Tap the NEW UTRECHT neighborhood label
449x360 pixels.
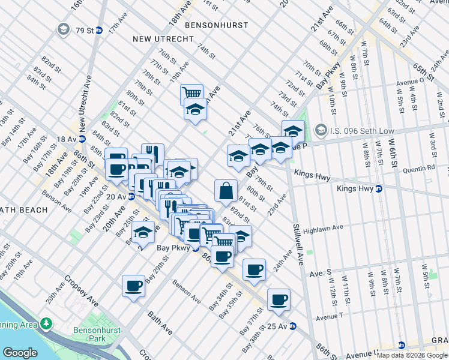pos(163,39)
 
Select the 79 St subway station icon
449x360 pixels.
pos(99,30)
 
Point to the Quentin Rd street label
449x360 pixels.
pos(418,169)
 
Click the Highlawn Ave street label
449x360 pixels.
pos(322,228)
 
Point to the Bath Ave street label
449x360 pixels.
pos(161,321)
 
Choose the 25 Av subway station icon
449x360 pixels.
pos(293,326)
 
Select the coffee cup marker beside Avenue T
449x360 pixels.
pos(279,299)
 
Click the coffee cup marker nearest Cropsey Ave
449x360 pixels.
pos(133,286)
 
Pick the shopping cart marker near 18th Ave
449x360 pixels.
pos(191,94)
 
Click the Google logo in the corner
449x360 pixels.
pos(20,353)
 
